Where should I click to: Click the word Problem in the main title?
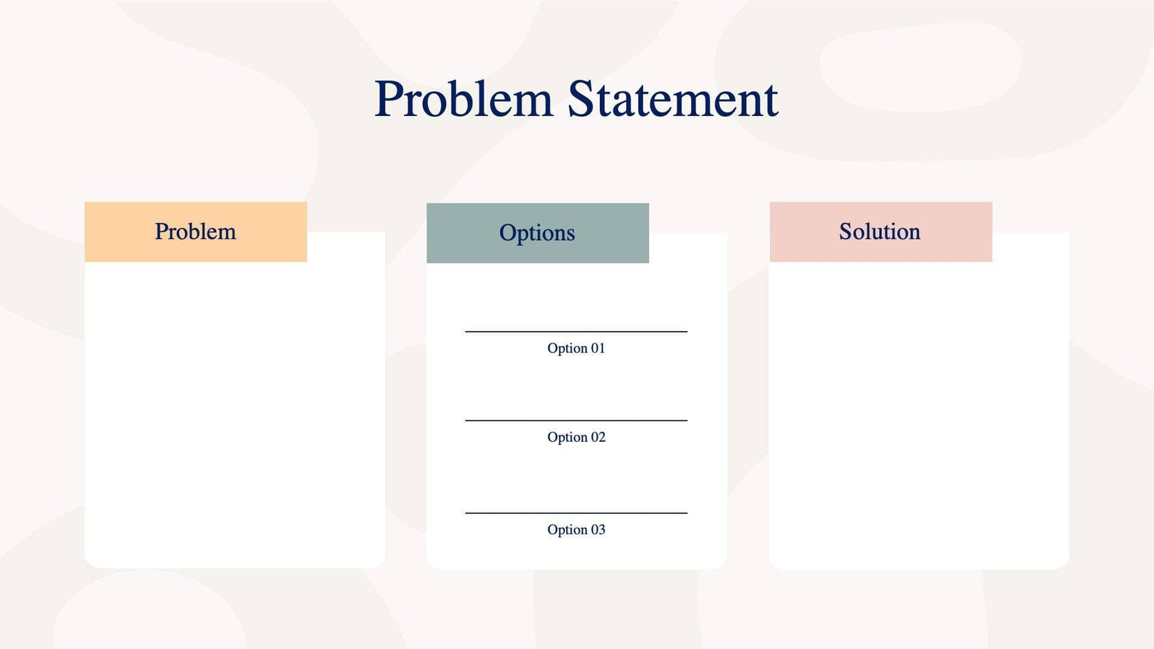(464, 100)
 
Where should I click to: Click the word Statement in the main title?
(672, 100)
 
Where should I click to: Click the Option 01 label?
(576, 348)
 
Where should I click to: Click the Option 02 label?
(576, 437)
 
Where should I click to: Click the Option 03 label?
(576, 530)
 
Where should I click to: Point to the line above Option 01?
(576, 331)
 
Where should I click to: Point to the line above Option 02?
(576, 420)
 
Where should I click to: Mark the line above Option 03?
(576, 513)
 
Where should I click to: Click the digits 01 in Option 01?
(598, 348)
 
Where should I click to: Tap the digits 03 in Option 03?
(598, 530)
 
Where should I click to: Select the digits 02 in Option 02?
(598, 437)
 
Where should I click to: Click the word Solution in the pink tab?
(879, 232)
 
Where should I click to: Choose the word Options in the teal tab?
(536, 233)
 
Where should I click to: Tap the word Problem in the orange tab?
(195, 232)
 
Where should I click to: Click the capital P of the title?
(389, 100)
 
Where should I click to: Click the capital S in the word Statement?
(581, 100)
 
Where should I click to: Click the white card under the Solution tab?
(919, 413)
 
